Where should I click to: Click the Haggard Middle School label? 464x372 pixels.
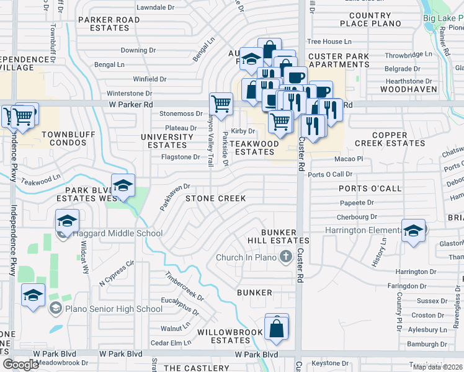[x=118, y=234]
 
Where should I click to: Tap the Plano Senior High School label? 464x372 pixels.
[x=114, y=309]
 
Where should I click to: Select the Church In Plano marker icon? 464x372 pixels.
[x=285, y=257]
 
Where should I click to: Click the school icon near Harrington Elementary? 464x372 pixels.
[x=413, y=231]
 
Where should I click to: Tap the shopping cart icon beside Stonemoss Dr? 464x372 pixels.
[x=221, y=104]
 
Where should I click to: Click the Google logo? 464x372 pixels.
[x=20, y=364]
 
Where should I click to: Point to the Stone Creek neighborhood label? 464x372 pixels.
[x=216, y=198]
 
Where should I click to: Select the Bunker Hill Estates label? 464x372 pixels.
[x=285, y=236]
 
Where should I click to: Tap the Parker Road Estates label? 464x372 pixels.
[x=109, y=24]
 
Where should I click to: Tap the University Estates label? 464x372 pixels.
[x=167, y=141]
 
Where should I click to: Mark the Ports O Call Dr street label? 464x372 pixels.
[x=330, y=175]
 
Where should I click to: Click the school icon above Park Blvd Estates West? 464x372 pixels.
[x=123, y=185]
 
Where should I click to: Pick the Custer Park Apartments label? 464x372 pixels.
[x=339, y=60]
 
